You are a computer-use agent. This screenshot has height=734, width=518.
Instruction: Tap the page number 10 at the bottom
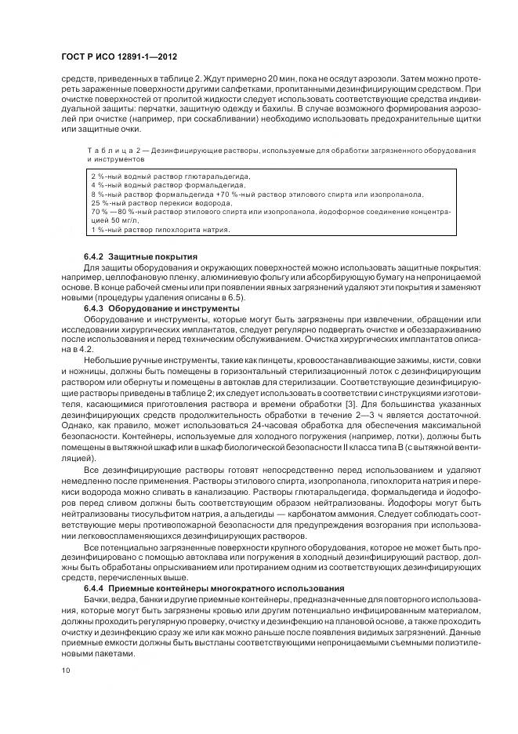click(x=65, y=670)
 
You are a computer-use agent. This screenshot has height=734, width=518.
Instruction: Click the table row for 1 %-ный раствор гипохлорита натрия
click(x=161, y=229)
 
